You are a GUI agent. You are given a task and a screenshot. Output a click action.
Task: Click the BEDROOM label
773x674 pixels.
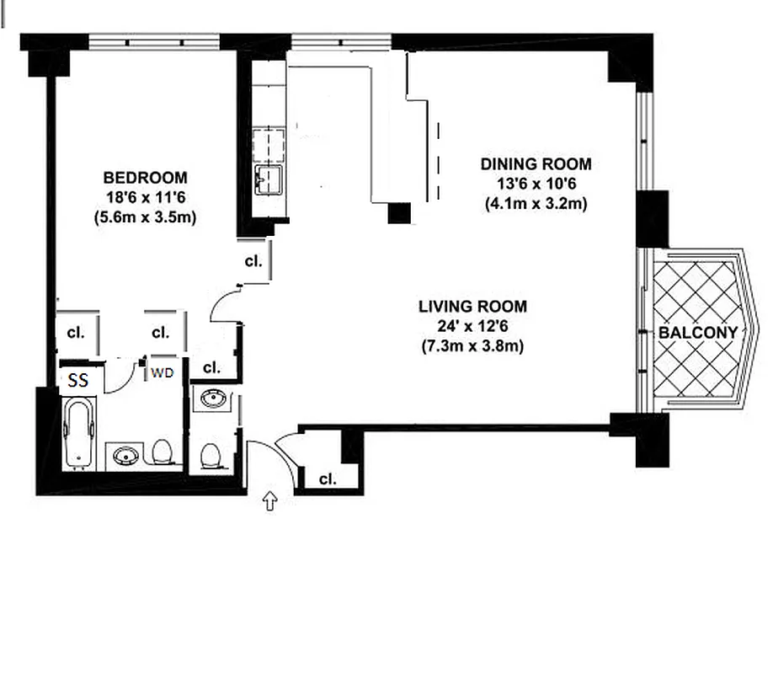[145, 178]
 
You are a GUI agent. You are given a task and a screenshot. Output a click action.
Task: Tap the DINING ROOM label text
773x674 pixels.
[536, 163]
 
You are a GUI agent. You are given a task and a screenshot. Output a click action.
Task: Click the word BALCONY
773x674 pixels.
[697, 333]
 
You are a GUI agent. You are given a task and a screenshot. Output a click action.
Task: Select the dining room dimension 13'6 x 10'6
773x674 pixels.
[536, 184]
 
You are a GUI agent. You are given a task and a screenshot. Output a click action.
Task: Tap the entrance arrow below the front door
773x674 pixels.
[270, 502]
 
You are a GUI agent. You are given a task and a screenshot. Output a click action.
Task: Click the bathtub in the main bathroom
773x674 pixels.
[81, 433]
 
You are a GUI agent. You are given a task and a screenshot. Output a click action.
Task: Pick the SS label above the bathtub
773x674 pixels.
[78, 381]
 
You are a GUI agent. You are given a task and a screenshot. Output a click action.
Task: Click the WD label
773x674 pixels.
[162, 373]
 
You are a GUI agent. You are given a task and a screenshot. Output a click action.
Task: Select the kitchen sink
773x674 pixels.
[269, 179]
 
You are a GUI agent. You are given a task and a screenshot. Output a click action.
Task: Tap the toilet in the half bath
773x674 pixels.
[211, 456]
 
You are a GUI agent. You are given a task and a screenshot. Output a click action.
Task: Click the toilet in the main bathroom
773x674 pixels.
[164, 452]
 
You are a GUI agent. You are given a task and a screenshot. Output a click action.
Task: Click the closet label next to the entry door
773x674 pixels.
[328, 479]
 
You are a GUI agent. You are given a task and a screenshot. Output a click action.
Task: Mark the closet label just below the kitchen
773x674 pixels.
[253, 261]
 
